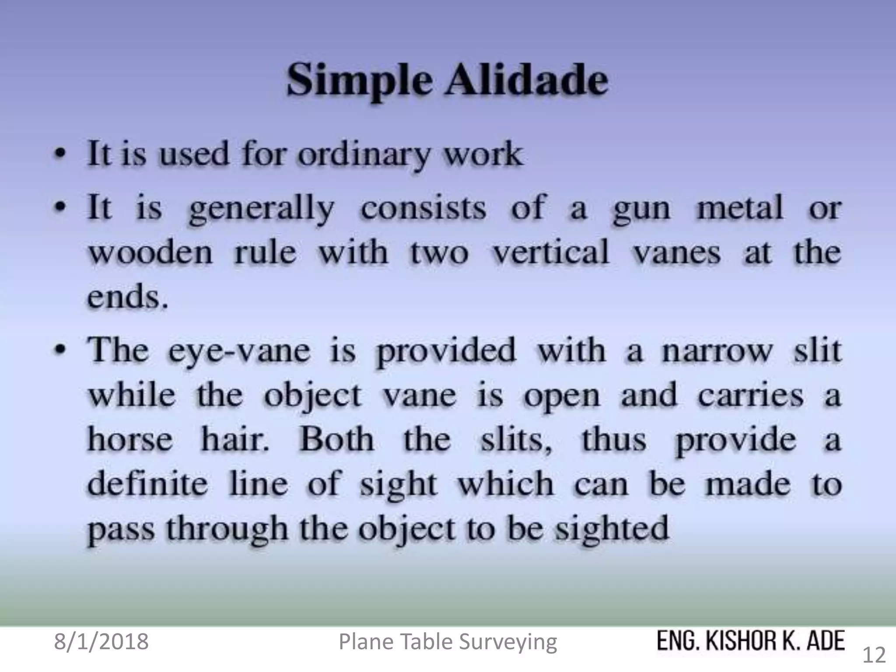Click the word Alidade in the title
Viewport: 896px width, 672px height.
[x=527, y=80]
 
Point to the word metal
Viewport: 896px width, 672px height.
[x=739, y=208]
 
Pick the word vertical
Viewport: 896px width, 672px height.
[x=551, y=253]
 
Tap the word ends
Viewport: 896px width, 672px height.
[x=127, y=297]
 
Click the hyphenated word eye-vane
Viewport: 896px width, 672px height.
[x=239, y=352]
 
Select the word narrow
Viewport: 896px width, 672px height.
[x=717, y=351]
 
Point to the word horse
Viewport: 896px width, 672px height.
[x=130, y=440]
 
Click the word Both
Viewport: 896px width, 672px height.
[x=336, y=439]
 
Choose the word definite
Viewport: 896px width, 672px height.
[x=147, y=484]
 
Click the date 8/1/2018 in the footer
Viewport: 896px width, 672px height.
[x=101, y=642]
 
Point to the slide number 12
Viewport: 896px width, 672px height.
[x=874, y=655]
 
